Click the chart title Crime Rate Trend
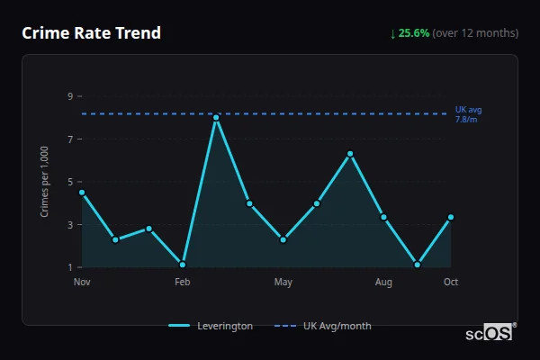tap(91, 33)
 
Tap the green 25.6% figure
tap(415, 33)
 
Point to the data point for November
tap(82, 192)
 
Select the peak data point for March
tap(216, 117)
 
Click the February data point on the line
tap(183, 265)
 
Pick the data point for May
tap(283, 239)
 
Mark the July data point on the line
tap(350, 154)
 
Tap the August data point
tap(383, 217)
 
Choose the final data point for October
tap(451, 217)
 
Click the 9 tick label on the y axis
tap(69, 96)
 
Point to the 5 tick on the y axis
tap(69, 182)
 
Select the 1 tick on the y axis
tap(69, 267)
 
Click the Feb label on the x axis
tap(183, 283)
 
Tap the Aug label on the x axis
tap(383, 283)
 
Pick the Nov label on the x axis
tap(82, 283)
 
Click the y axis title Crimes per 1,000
tap(45, 182)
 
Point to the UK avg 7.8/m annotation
tap(468, 114)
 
